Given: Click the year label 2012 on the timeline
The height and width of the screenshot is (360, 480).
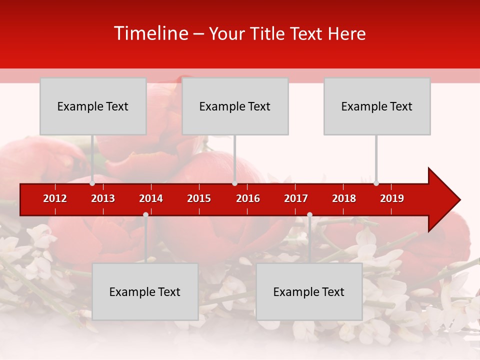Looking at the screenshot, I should click(x=55, y=198).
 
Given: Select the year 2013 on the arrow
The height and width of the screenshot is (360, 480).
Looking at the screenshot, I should click(x=103, y=198).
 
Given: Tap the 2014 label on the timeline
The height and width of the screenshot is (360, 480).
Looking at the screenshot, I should click(x=151, y=198).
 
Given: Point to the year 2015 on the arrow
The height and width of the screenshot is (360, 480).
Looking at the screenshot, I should click(x=199, y=198).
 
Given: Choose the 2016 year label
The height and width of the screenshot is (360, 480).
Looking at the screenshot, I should click(x=248, y=198).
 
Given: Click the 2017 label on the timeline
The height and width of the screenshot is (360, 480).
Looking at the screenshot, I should click(x=296, y=198).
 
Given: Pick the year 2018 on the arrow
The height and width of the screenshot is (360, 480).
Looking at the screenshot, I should click(x=344, y=198).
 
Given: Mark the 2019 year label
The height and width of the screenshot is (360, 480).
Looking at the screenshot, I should click(x=392, y=198).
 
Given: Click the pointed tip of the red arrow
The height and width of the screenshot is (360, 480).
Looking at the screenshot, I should click(x=459, y=200).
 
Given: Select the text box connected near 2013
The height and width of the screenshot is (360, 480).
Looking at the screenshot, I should click(x=93, y=106).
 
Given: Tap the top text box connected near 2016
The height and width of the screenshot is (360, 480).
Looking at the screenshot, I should click(x=235, y=106).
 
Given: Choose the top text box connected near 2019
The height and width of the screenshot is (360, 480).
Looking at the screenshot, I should click(x=377, y=106).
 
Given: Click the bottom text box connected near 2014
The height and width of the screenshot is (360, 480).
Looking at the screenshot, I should click(x=145, y=291).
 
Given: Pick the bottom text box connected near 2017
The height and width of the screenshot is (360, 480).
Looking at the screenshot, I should click(x=309, y=291).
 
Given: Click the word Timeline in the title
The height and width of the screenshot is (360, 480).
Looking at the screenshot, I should click(x=150, y=33).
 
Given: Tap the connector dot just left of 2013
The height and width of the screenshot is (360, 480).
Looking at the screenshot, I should click(x=92, y=183).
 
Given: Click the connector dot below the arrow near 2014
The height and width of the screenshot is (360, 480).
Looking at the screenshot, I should click(x=145, y=214).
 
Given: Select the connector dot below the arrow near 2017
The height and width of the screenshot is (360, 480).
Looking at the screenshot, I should click(x=309, y=214).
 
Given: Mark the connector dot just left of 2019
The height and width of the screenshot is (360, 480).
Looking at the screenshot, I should click(x=376, y=183).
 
